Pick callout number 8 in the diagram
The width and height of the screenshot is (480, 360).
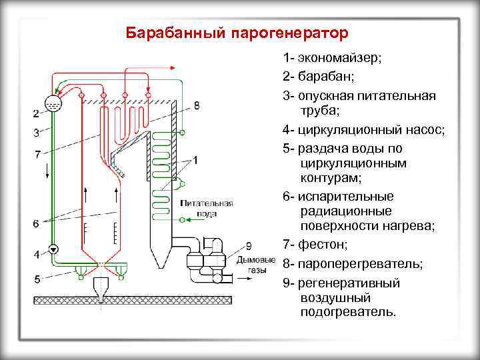197,105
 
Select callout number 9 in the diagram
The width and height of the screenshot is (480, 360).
249,245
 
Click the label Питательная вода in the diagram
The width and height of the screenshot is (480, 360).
206,209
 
